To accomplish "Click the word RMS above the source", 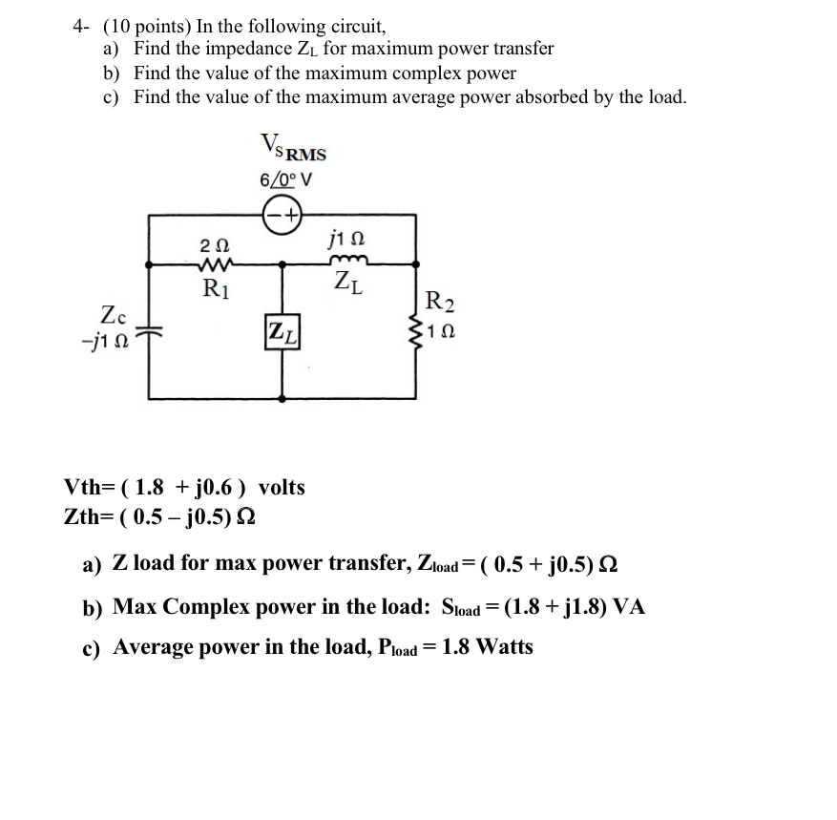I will [306, 154].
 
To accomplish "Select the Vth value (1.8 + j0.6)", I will [187, 488].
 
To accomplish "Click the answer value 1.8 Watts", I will [489, 647].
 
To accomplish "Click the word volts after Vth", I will [282, 488].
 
